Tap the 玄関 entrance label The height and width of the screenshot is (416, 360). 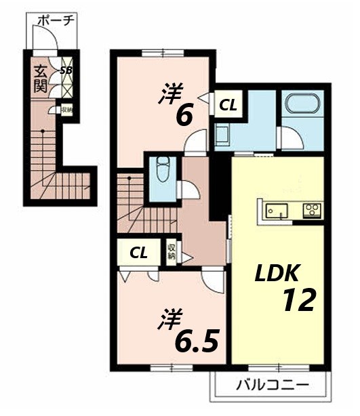pos(40,78)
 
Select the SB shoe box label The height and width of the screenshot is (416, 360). pos(66,70)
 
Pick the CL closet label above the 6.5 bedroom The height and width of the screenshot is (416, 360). pos(139,253)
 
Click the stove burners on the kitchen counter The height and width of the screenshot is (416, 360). pos(313,210)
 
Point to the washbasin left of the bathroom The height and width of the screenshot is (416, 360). pos(223,134)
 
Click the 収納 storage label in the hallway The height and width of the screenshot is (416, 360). pos(172,251)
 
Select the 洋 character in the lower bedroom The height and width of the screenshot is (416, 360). pos(167,318)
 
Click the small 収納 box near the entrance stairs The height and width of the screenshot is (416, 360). pos(66,110)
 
